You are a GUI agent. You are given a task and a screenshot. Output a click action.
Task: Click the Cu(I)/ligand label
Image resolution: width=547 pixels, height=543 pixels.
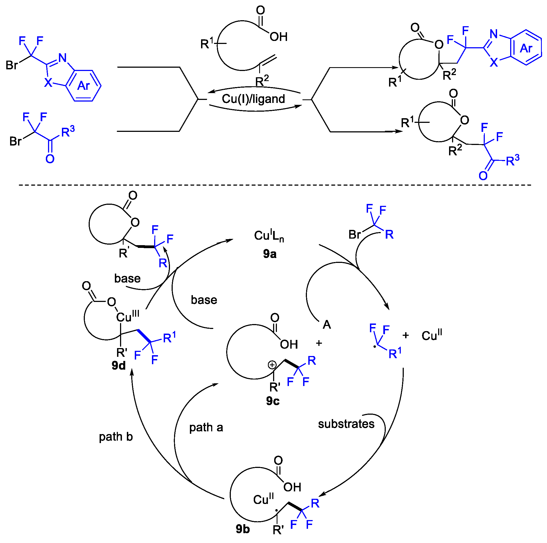point(253,99)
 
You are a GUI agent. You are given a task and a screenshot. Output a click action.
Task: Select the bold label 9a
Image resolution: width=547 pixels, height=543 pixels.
point(270,254)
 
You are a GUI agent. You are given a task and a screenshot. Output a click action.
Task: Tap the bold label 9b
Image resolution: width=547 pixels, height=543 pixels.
point(243,529)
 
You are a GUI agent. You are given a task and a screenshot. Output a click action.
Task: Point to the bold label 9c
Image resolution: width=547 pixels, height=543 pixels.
point(273,401)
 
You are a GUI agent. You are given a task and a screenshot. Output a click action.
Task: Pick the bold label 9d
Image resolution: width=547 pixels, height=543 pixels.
point(118,365)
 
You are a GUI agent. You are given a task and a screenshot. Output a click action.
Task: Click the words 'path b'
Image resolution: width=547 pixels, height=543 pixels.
point(115,437)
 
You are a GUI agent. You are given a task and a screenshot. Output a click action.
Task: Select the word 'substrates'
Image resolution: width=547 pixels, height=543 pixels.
point(346,424)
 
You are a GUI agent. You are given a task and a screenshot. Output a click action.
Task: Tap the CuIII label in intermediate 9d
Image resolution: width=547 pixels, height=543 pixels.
point(127,316)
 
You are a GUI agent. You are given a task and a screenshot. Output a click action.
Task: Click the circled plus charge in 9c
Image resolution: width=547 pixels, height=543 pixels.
point(272,365)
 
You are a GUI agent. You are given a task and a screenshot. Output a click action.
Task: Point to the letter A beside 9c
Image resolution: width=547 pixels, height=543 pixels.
point(327,325)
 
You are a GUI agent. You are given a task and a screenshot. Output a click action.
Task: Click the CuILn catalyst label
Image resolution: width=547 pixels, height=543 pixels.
point(269,236)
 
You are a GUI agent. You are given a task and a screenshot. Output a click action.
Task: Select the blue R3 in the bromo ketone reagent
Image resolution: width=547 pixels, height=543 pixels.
point(68,131)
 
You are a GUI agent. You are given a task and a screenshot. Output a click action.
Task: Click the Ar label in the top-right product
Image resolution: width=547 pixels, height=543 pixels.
point(526,48)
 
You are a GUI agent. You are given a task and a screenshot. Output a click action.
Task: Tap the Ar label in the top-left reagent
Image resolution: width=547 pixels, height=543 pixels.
point(83,85)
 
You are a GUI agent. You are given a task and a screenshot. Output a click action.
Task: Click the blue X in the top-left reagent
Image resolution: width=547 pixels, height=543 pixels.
point(48,82)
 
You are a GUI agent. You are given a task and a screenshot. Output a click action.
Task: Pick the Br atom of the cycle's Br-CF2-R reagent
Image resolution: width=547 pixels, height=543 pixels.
point(354,235)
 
